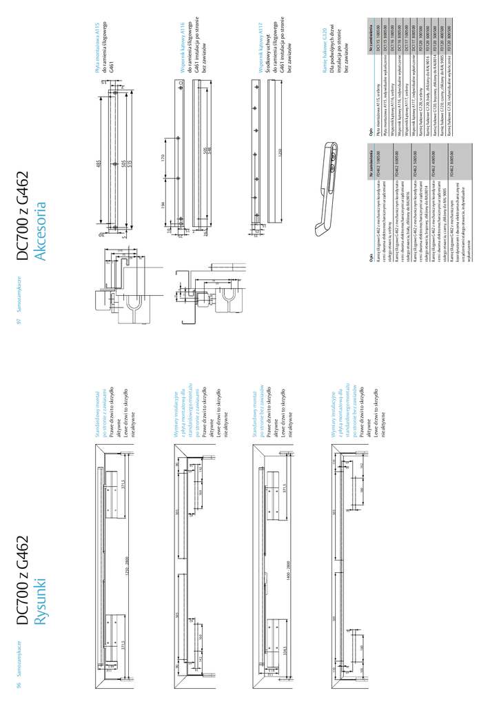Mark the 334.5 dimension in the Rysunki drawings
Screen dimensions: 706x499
tap(285, 652)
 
